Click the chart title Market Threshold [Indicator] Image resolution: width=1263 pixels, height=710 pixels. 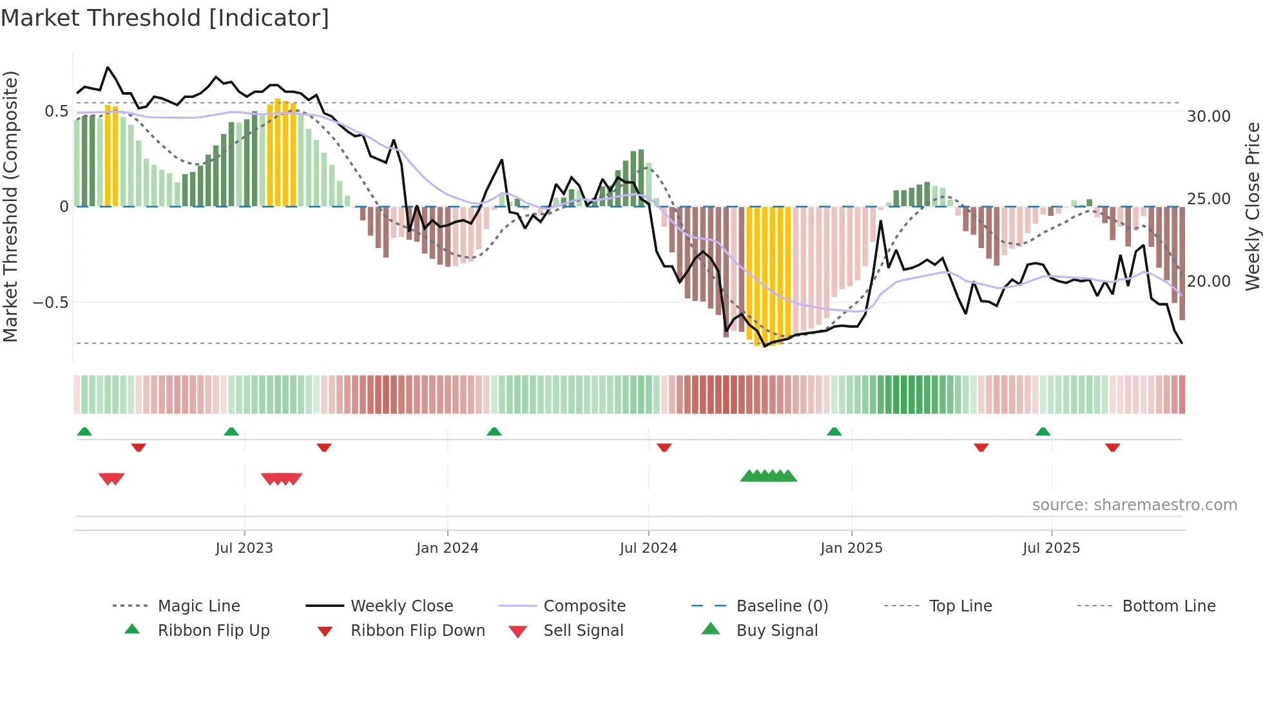click(x=165, y=18)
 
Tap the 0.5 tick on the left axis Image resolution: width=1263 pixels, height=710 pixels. click(x=56, y=111)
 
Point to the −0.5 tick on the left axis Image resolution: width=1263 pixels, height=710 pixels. click(x=51, y=303)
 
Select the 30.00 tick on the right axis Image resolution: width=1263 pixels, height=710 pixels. click(x=1208, y=117)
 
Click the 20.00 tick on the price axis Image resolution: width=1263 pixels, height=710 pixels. click(x=1208, y=282)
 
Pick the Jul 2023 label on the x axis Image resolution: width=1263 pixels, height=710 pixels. click(x=244, y=548)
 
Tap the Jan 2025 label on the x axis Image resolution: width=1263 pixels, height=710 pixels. click(x=851, y=548)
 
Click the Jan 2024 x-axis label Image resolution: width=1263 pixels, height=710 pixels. click(x=447, y=548)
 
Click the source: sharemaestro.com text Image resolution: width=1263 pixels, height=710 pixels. click(x=1134, y=505)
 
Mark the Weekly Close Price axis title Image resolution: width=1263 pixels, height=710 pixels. click(x=1252, y=206)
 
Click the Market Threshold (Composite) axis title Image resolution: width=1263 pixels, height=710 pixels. click(x=11, y=206)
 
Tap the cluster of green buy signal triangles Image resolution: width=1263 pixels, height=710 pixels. click(x=768, y=476)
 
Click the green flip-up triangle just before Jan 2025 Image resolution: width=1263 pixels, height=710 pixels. click(x=834, y=431)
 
